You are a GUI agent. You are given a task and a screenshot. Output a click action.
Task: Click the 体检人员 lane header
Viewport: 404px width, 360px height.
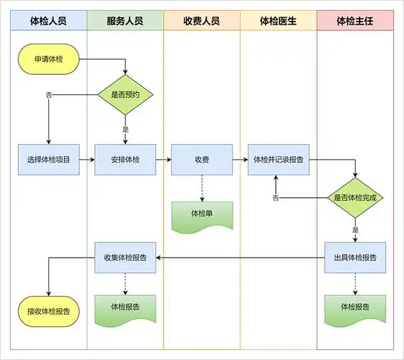(48, 21)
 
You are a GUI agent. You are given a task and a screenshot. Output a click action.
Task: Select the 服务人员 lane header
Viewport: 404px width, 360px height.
(125, 21)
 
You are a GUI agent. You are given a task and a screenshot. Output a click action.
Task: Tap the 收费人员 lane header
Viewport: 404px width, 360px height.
(202, 21)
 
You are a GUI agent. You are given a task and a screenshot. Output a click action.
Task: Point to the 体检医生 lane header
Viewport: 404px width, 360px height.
(279, 21)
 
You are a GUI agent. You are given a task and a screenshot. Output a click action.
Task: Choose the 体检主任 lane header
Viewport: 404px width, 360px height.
(356, 21)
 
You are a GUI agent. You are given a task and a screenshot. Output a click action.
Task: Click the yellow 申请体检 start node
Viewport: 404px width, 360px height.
(48, 60)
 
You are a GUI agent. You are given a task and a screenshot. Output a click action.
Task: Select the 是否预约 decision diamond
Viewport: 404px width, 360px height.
(125, 94)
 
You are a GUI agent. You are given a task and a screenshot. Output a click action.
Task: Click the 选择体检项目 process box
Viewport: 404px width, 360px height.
(48, 159)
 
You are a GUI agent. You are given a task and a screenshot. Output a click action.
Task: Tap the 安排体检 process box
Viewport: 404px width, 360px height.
(125, 159)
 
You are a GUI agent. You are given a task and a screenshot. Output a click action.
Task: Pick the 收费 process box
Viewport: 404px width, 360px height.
(202, 159)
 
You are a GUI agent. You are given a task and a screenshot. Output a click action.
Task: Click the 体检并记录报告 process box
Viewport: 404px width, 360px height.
(279, 159)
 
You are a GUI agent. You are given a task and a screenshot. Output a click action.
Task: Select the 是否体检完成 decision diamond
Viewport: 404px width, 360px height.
(356, 197)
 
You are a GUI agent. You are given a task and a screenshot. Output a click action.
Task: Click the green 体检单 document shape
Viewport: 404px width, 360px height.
(202, 215)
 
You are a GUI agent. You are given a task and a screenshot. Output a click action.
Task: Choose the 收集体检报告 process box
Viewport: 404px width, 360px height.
(125, 257)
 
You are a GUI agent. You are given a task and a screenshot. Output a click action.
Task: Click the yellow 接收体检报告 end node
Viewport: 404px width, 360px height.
(48, 311)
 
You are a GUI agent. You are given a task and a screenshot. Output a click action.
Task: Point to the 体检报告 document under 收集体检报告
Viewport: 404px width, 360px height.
(125, 307)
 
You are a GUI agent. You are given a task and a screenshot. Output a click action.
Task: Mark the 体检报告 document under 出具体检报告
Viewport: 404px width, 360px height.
(356, 307)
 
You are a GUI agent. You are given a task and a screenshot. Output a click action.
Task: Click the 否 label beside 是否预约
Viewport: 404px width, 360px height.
(49, 94)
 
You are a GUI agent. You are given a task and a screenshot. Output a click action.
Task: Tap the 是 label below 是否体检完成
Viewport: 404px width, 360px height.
(356, 229)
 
